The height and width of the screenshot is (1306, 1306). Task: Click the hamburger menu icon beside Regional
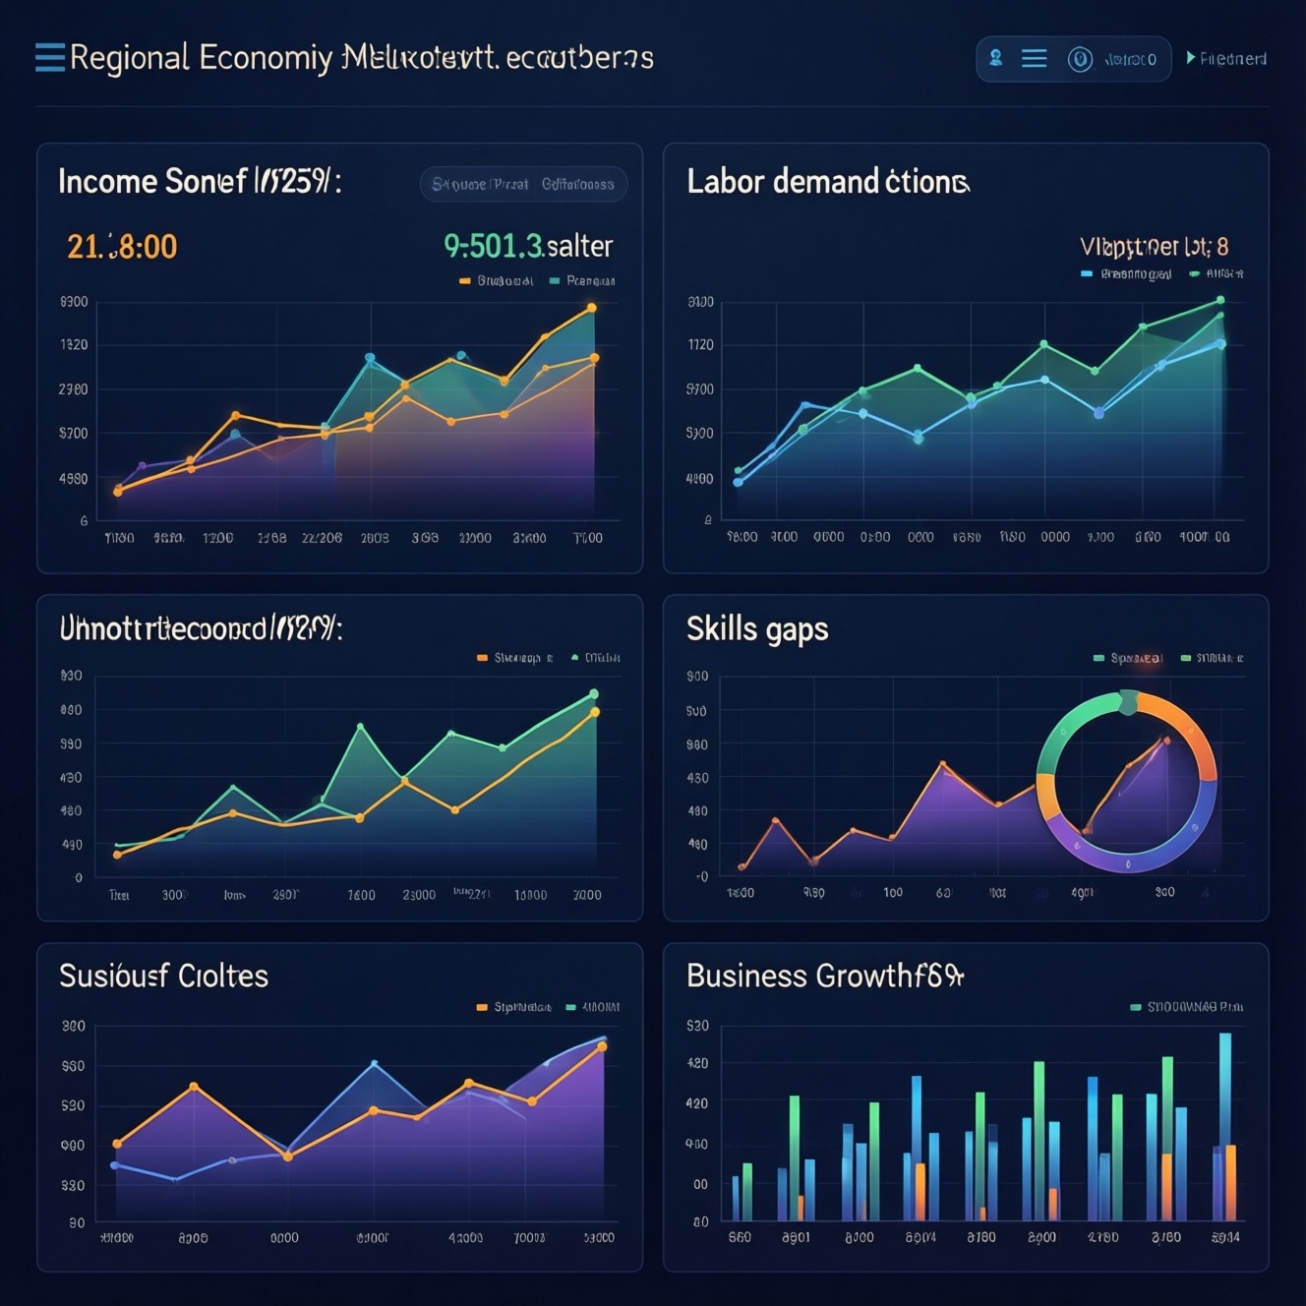[x=49, y=58]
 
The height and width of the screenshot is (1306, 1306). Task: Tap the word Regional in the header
[x=129, y=58]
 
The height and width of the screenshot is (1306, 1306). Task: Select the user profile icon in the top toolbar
[x=996, y=58]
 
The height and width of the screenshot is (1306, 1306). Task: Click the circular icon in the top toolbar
[x=1080, y=59]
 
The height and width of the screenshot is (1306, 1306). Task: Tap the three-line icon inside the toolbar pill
[x=1034, y=59]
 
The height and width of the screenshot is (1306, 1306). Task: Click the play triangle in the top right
[x=1191, y=58]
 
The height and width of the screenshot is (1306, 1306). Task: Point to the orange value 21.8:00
[x=122, y=246]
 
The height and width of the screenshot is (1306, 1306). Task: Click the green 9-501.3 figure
[x=493, y=246]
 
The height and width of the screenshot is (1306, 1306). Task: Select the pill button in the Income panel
[x=523, y=184]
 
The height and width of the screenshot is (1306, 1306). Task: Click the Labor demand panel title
[x=827, y=182]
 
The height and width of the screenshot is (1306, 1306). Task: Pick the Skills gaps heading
[x=757, y=628]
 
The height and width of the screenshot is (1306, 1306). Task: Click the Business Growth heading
[x=824, y=976]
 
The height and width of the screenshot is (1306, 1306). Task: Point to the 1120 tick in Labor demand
[x=701, y=345]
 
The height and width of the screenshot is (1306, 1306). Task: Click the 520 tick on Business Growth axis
[x=697, y=1026]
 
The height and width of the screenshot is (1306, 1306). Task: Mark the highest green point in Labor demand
[x=1220, y=300]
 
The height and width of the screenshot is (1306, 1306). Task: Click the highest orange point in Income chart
[x=592, y=308]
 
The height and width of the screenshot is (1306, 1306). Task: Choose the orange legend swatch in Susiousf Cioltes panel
[x=482, y=1007]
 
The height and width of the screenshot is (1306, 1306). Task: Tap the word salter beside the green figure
[x=580, y=246]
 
